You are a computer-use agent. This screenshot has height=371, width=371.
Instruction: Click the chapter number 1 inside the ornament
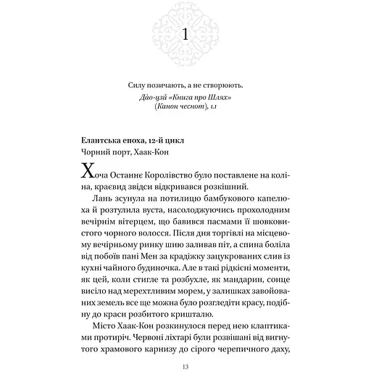point(185,34)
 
